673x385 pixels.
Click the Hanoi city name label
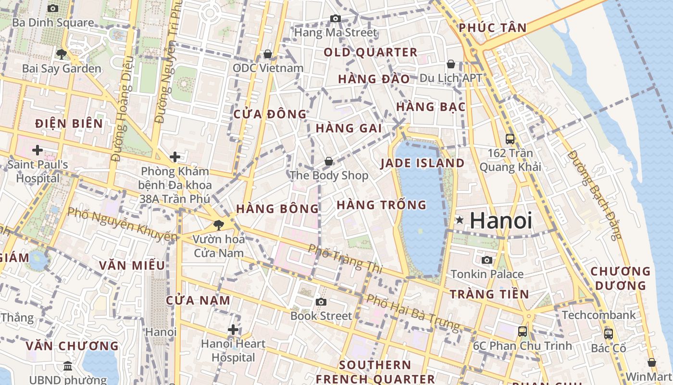pos(501,220)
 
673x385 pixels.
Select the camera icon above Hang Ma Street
pos(336,19)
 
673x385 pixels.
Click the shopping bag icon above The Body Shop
pos(329,161)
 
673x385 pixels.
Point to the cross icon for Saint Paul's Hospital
pos(37,150)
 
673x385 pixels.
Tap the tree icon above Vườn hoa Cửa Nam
pos(218,224)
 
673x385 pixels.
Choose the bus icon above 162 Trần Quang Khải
pos(510,139)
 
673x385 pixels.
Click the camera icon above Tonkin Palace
pos(487,260)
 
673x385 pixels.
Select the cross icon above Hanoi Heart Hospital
pos(233,330)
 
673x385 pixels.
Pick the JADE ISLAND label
pos(423,163)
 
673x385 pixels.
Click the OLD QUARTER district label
pos(370,52)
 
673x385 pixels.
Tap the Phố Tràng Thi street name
pos(345,258)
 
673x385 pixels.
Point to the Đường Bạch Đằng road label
pos(595,195)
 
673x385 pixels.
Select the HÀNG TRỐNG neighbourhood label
pos(381,205)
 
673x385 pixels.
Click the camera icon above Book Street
pos(321,302)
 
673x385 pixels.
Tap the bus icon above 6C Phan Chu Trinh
pos(523,331)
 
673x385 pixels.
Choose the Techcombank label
pos(598,315)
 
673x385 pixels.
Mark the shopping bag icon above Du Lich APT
pos(451,64)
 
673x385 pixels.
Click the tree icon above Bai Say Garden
pos(62,54)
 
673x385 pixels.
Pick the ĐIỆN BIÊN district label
pos(69,124)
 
